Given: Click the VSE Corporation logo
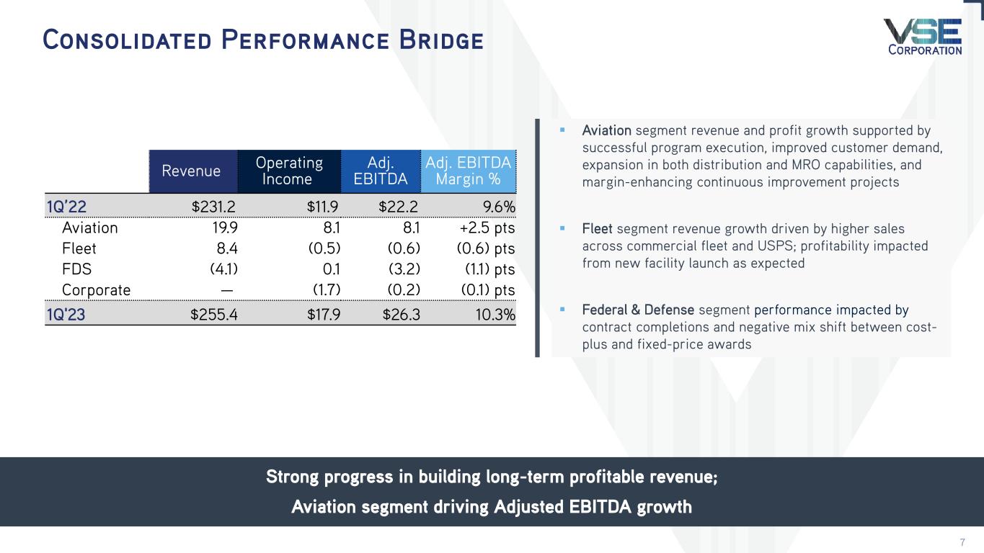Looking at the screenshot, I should (x=923, y=37).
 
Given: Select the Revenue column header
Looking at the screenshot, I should (x=192, y=171).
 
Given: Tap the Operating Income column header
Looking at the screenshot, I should (x=288, y=171).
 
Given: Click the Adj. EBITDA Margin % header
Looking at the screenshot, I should (x=469, y=171).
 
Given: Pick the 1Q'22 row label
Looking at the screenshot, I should (x=66, y=207).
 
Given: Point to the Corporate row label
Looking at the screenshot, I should (x=97, y=290).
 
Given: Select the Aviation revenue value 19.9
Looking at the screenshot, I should (x=224, y=228).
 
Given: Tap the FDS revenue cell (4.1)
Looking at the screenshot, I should (x=221, y=269).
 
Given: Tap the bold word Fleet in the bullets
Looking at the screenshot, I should (x=597, y=228).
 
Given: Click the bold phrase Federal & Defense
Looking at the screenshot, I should (x=638, y=310).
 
